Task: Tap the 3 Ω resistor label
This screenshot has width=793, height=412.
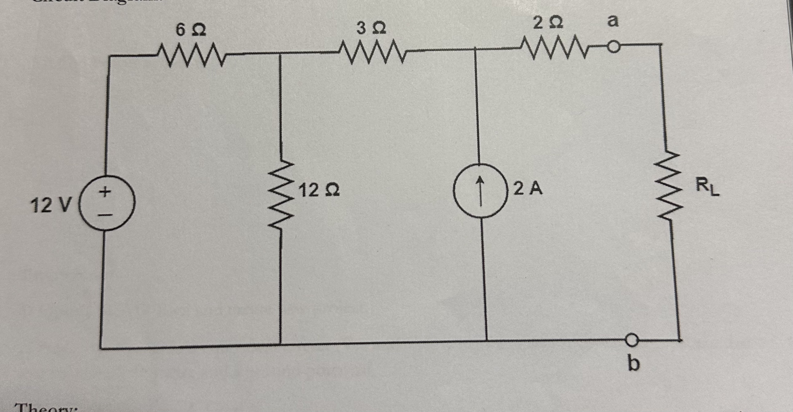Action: click(371, 29)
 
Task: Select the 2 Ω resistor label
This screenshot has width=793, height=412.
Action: click(548, 24)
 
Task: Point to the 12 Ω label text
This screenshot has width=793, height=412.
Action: click(320, 190)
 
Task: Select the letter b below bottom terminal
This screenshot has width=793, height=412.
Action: click(634, 364)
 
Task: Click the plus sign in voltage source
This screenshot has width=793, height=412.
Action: click(105, 192)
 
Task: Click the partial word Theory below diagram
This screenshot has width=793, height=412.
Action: click(46, 408)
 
